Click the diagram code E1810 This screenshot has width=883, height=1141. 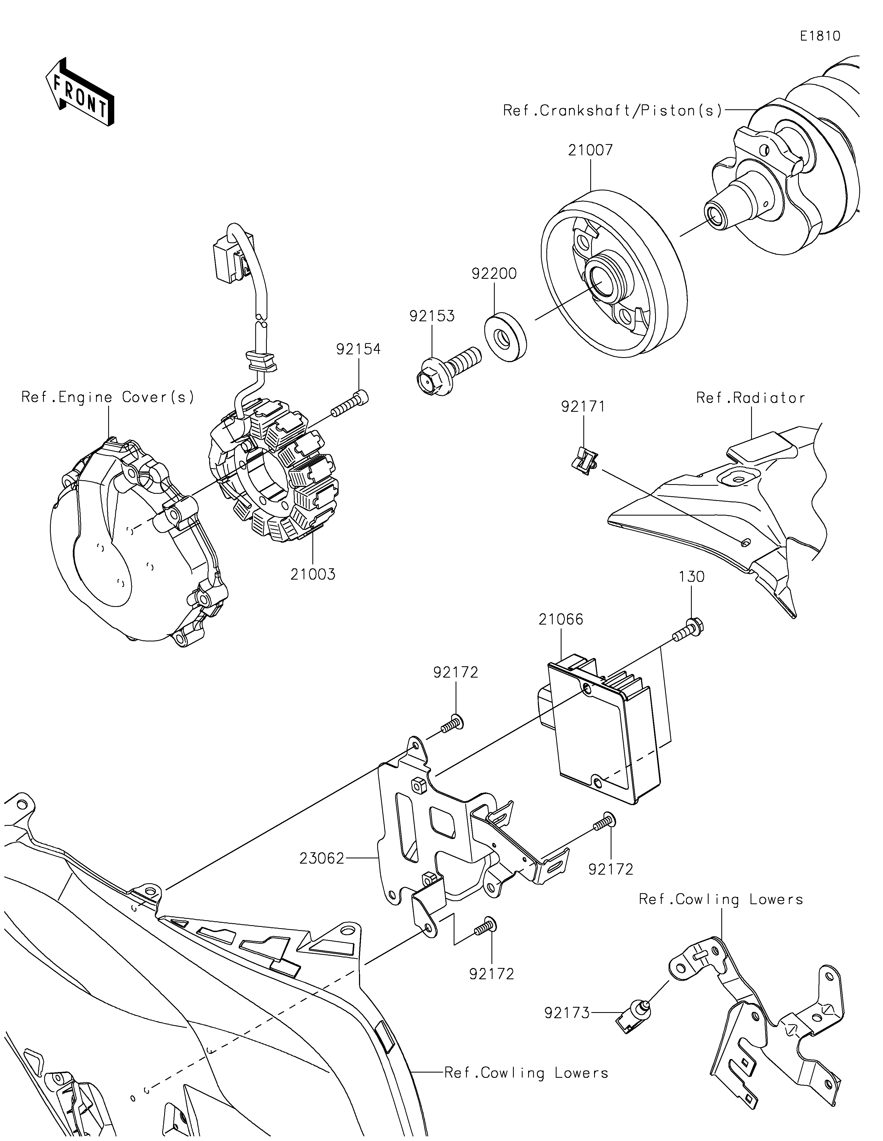pyautogui.click(x=820, y=36)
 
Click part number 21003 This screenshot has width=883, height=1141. pyautogui.click(x=313, y=574)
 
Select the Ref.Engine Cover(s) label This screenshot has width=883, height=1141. pyautogui.click(x=108, y=397)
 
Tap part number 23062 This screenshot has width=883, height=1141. pyautogui.click(x=322, y=858)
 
